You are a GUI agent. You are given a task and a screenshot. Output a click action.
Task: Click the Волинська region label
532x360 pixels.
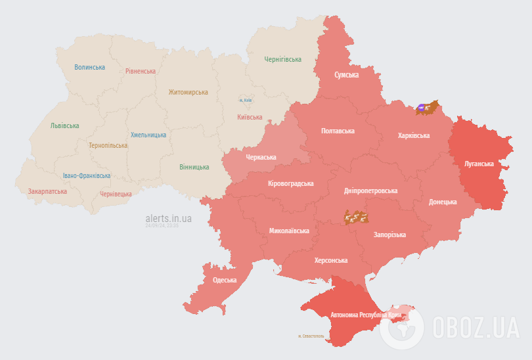pos(89,67)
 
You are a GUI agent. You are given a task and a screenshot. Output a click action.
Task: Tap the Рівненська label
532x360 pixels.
pos(141,71)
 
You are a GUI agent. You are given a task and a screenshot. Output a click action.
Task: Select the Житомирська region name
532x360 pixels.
pos(188,93)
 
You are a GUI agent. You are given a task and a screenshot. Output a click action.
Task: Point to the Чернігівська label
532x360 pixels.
pos(283,59)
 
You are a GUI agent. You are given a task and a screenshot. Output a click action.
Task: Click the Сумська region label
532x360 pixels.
pos(346,75)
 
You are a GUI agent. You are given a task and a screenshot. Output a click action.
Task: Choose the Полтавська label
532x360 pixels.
pos(338,131)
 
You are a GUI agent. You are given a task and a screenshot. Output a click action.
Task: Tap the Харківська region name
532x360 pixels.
pos(414,135)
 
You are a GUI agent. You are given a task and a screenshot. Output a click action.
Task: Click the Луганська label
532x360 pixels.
pos(479,163)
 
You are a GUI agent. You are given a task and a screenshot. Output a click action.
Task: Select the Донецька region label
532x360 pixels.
pos(443,202)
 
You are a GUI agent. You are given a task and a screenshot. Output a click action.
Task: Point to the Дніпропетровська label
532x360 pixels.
pos(370,191)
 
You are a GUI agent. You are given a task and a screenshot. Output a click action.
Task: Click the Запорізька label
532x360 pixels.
pos(389,235)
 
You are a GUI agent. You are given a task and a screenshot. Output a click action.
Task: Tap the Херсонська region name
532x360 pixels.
pos(331,260)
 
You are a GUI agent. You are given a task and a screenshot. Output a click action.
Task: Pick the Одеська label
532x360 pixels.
pos(225,281)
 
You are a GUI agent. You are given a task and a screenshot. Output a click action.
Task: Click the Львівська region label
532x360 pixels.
pos(64,125)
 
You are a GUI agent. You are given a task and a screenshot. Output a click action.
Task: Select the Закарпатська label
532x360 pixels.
pos(47,191)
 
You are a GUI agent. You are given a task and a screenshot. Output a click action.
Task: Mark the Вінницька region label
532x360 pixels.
pos(194,167)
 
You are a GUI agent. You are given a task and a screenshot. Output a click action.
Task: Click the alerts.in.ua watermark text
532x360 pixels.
pos(169,218)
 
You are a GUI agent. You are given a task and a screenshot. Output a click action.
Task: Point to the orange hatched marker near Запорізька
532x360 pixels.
pos(355,216)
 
